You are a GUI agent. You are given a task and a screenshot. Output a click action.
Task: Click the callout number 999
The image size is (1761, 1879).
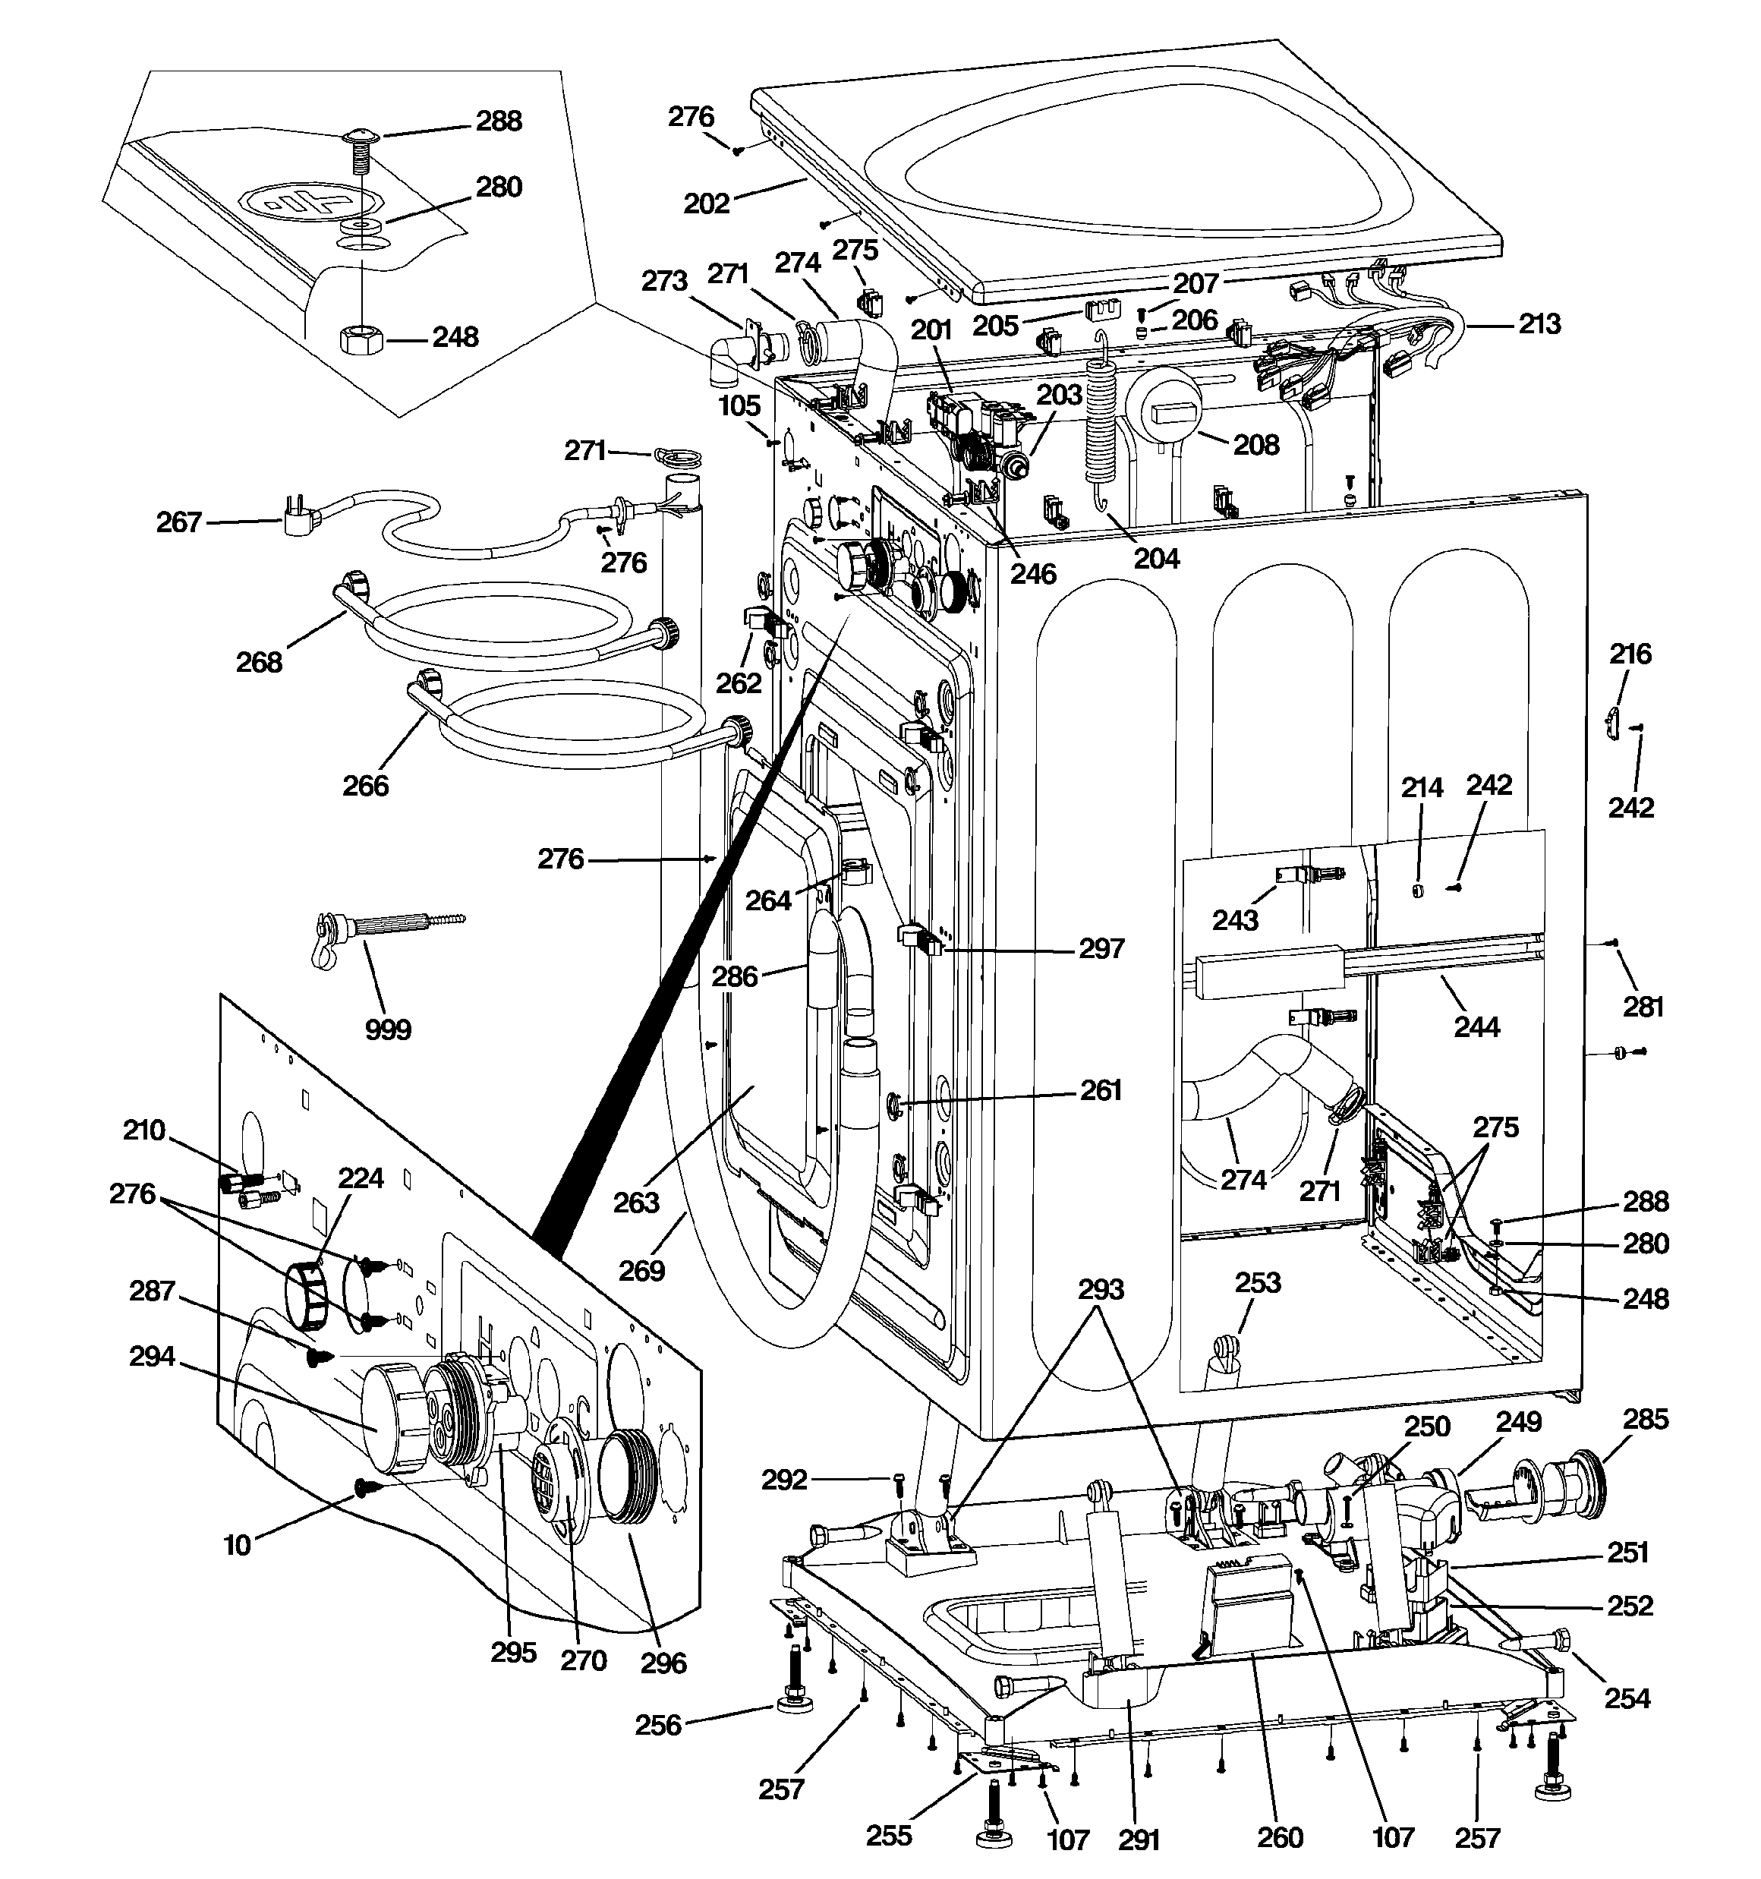[x=388, y=1029]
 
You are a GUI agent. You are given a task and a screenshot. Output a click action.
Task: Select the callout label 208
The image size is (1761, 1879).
[x=1256, y=444]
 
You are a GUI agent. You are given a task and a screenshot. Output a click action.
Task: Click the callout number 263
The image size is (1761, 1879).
[x=636, y=1203]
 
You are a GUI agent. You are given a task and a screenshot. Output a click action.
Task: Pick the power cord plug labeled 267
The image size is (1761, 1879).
[x=298, y=514]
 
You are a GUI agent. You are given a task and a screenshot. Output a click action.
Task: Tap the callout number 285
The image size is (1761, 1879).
[x=1646, y=1419]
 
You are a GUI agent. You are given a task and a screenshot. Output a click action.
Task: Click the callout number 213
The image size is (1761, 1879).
[x=1539, y=324]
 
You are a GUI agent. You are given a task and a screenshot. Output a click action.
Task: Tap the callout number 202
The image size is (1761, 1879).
[x=706, y=203]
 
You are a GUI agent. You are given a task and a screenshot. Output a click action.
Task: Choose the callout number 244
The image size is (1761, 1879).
[x=1476, y=1026]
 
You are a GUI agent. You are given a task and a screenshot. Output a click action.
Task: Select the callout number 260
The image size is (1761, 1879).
[x=1280, y=1837]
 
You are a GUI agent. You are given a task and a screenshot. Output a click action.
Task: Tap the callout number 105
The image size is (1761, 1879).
[x=739, y=405]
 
